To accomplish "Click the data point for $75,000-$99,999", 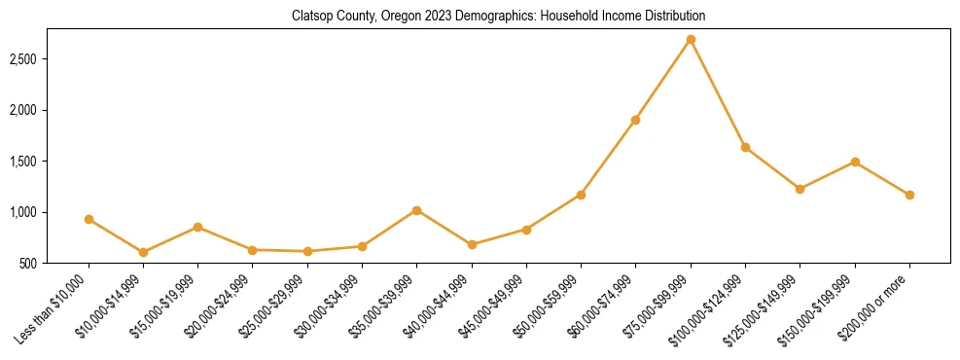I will coord(691,40).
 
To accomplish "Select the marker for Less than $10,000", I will coord(89,220).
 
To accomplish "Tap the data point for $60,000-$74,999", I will coord(635,120).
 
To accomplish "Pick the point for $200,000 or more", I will coord(909,195).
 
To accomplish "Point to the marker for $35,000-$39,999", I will coord(416,210).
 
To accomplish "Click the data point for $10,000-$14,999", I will coord(143,252).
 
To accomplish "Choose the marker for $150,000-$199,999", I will coord(855,162).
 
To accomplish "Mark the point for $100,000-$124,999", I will coord(745,147).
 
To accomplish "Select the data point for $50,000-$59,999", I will coord(581,195).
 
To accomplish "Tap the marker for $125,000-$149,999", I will coord(800,189).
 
